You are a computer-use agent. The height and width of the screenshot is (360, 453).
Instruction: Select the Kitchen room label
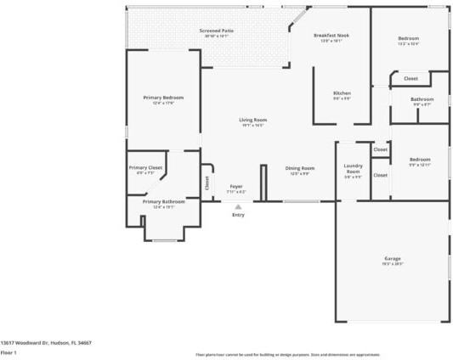click(x=342, y=93)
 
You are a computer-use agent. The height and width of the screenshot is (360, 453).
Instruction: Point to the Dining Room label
click(x=299, y=168)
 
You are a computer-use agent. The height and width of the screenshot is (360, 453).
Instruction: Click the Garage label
click(x=392, y=258)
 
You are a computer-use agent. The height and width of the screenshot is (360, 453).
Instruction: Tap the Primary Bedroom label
click(x=163, y=98)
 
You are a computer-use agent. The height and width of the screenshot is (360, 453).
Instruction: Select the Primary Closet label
click(x=145, y=168)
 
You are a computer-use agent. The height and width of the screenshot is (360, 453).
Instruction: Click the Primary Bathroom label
click(x=163, y=202)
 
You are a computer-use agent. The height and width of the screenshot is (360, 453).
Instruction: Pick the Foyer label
click(x=237, y=186)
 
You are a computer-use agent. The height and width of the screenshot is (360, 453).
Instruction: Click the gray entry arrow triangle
click(x=238, y=205)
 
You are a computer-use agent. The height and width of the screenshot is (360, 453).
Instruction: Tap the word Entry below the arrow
click(x=238, y=215)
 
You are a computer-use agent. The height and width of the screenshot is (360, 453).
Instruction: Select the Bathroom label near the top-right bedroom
click(x=422, y=99)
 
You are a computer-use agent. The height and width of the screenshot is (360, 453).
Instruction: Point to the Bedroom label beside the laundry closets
click(x=420, y=160)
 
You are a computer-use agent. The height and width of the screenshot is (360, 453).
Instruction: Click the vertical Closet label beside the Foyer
click(x=207, y=182)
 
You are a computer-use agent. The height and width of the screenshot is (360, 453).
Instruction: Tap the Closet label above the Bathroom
click(x=411, y=78)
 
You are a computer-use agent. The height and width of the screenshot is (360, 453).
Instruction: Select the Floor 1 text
click(x=9, y=352)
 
